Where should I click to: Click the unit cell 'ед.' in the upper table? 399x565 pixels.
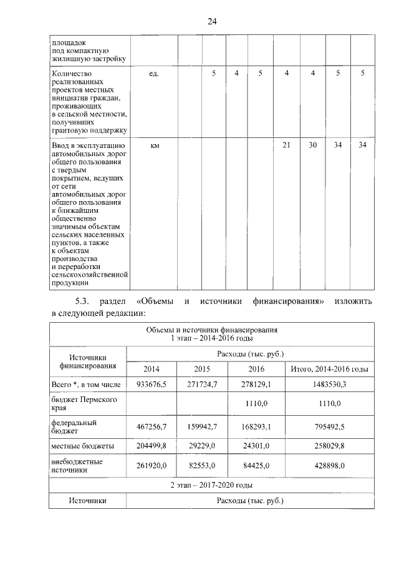[x=154, y=74]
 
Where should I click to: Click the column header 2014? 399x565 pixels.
[x=151, y=370]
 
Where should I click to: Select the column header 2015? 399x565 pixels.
[x=202, y=370]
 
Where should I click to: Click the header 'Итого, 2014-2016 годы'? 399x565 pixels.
[x=329, y=370]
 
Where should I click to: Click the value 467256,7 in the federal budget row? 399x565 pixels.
[x=151, y=428]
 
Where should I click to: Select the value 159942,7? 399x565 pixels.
[x=202, y=428]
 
